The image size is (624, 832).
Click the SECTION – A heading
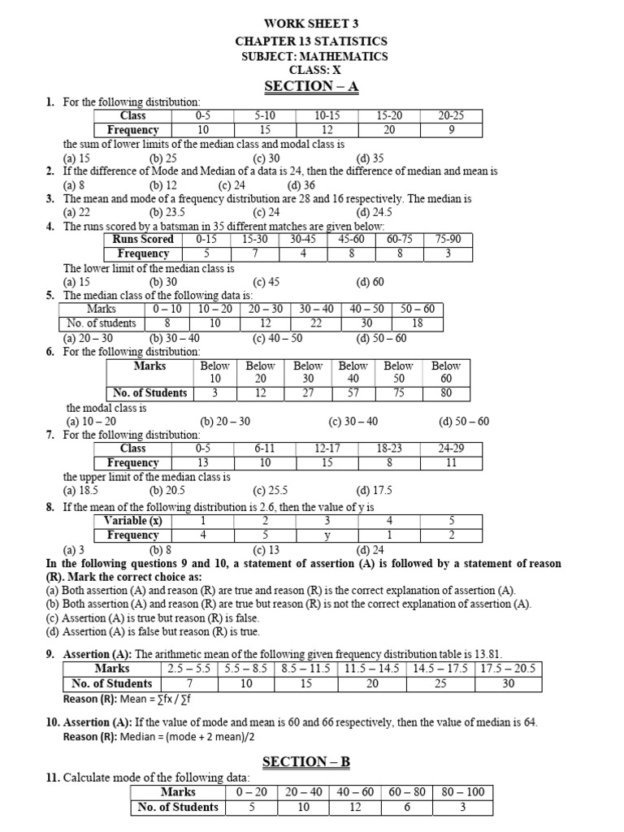312,86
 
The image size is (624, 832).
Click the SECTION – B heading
312,761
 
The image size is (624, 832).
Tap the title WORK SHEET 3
312,24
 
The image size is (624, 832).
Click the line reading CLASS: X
312,71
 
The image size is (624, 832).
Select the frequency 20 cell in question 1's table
388,130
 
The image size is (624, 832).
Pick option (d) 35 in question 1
370,158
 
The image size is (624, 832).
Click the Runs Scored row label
145,240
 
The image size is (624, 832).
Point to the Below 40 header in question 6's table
353,372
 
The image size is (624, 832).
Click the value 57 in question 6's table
353,393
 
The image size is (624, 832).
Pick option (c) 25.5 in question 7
271,491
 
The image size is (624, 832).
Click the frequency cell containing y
327,535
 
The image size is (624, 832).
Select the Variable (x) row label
132,521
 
